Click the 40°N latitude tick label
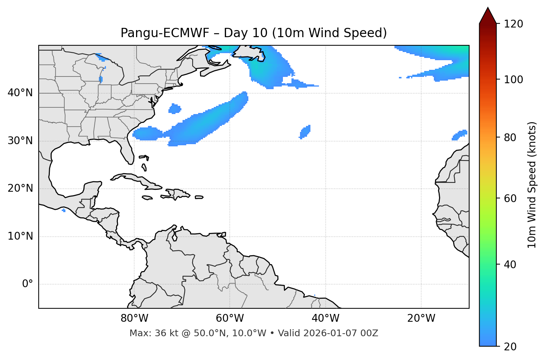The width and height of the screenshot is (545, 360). tap(20, 93)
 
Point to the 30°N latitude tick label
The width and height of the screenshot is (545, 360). tap(20, 141)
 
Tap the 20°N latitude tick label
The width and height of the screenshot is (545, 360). tap(20, 188)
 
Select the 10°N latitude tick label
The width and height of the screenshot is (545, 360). tap(20, 236)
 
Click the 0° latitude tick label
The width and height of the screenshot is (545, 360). tap(28, 284)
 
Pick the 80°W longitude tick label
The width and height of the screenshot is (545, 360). tap(134, 318)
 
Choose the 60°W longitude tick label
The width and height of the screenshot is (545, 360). tap(230, 318)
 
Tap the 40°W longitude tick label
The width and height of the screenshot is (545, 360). tap(325, 318)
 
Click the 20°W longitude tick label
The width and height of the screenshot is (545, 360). tap(421, 318)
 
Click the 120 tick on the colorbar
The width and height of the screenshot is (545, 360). tap(513, 24)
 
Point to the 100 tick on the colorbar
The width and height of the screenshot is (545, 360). tap(513, 80)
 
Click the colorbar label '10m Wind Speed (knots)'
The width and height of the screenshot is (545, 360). tap(532, 185)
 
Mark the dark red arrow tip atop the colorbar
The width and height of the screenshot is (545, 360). tap(488, 15)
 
